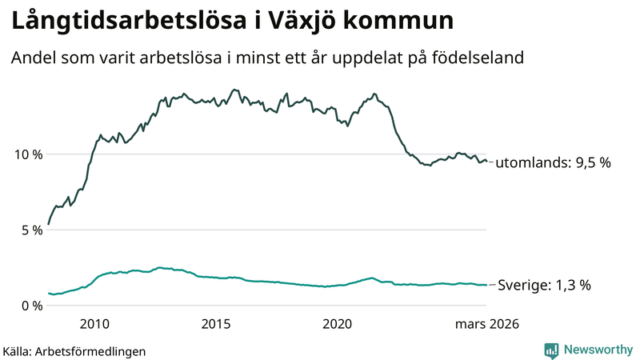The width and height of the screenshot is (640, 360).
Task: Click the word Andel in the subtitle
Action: [33, 58]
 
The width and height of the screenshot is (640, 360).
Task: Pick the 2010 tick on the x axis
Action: [94, 324]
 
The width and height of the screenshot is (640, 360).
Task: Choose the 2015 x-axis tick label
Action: [216, 324]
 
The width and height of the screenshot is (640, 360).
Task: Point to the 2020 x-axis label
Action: [337, 324]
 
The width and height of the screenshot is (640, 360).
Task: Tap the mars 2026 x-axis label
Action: [487, 324]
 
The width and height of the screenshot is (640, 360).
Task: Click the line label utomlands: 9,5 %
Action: [553, 162]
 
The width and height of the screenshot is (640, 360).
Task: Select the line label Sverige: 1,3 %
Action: [544, 285]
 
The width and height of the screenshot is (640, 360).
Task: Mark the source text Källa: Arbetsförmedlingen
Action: [74, 350]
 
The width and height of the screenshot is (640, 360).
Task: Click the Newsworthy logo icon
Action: [551, 350]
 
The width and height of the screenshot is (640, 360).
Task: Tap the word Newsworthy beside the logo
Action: [598, 350]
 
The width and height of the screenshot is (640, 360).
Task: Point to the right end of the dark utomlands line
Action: [486, 162]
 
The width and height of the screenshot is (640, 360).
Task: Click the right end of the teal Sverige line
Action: [486, 285]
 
